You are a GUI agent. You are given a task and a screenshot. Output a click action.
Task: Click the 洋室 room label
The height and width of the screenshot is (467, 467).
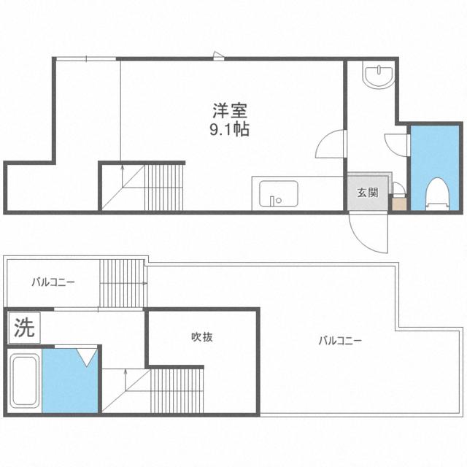tap(230, 112)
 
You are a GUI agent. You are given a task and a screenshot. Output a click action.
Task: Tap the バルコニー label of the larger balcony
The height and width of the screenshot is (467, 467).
tap(340, 340)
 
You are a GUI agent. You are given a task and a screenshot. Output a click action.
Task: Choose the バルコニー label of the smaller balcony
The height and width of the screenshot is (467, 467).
tap(53, 281)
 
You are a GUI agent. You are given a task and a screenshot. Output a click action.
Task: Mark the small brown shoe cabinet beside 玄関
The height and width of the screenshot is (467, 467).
tap(398, 204)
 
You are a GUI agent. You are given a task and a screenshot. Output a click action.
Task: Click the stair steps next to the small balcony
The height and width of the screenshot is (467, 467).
tap(122, 283)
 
